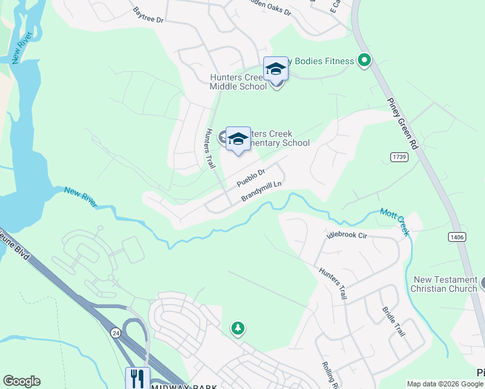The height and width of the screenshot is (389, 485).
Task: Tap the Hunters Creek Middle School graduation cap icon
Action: click(276, 69)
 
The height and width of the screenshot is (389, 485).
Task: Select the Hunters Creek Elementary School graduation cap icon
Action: click(238, 139)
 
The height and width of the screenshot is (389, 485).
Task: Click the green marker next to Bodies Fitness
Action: click(364, 61)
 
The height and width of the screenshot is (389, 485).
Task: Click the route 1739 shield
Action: click(399, 158)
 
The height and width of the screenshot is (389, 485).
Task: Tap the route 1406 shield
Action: click(456, 237)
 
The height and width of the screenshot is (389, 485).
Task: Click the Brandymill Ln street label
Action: click(263, 191)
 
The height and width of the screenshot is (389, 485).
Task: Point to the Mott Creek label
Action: click(395, 222)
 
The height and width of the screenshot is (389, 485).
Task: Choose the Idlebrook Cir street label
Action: click(347, 235)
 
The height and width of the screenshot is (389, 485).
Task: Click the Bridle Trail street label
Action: click(393, 321)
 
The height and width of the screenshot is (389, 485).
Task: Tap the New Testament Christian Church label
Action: click(445, 284)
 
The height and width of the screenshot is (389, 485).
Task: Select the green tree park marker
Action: click(239, 329)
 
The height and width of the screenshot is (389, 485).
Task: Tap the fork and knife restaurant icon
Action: click(137, 377)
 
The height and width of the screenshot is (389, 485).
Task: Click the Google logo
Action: click(21, 381)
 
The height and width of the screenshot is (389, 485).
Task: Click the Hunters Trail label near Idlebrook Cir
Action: click(332, 283)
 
